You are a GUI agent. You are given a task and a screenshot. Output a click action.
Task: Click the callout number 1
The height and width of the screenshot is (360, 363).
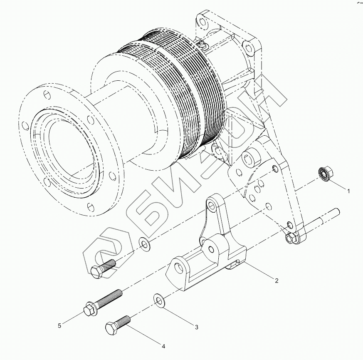[349, 191]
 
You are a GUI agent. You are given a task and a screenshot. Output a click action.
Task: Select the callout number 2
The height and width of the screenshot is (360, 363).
[277, 281]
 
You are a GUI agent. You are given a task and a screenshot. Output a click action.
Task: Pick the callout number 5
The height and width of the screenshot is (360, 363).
[59, 325]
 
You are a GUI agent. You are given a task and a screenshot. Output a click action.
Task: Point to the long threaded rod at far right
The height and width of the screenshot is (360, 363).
[324, 224]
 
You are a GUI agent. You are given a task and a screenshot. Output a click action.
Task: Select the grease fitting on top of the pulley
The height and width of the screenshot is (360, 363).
[201, 42]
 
